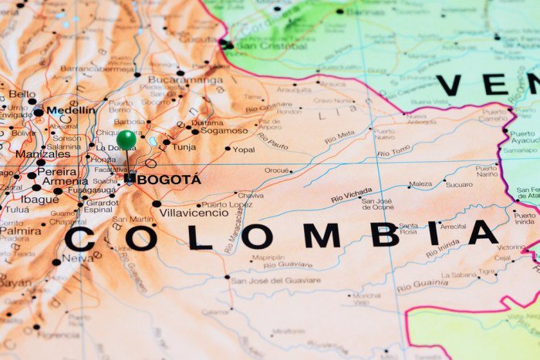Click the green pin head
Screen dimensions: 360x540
127,140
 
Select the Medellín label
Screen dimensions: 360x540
70,110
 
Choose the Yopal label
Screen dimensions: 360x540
244,149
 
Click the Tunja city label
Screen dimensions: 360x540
184,146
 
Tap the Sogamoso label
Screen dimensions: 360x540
224,131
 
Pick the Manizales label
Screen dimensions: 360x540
42,153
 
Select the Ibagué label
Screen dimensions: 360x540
40,198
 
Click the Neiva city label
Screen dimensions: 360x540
79,259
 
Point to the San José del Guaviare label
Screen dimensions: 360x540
275,281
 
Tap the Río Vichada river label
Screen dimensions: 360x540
351,195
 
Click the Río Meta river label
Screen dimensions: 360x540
339,136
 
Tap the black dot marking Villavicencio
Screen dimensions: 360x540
157,204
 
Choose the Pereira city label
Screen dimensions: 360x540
58,171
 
